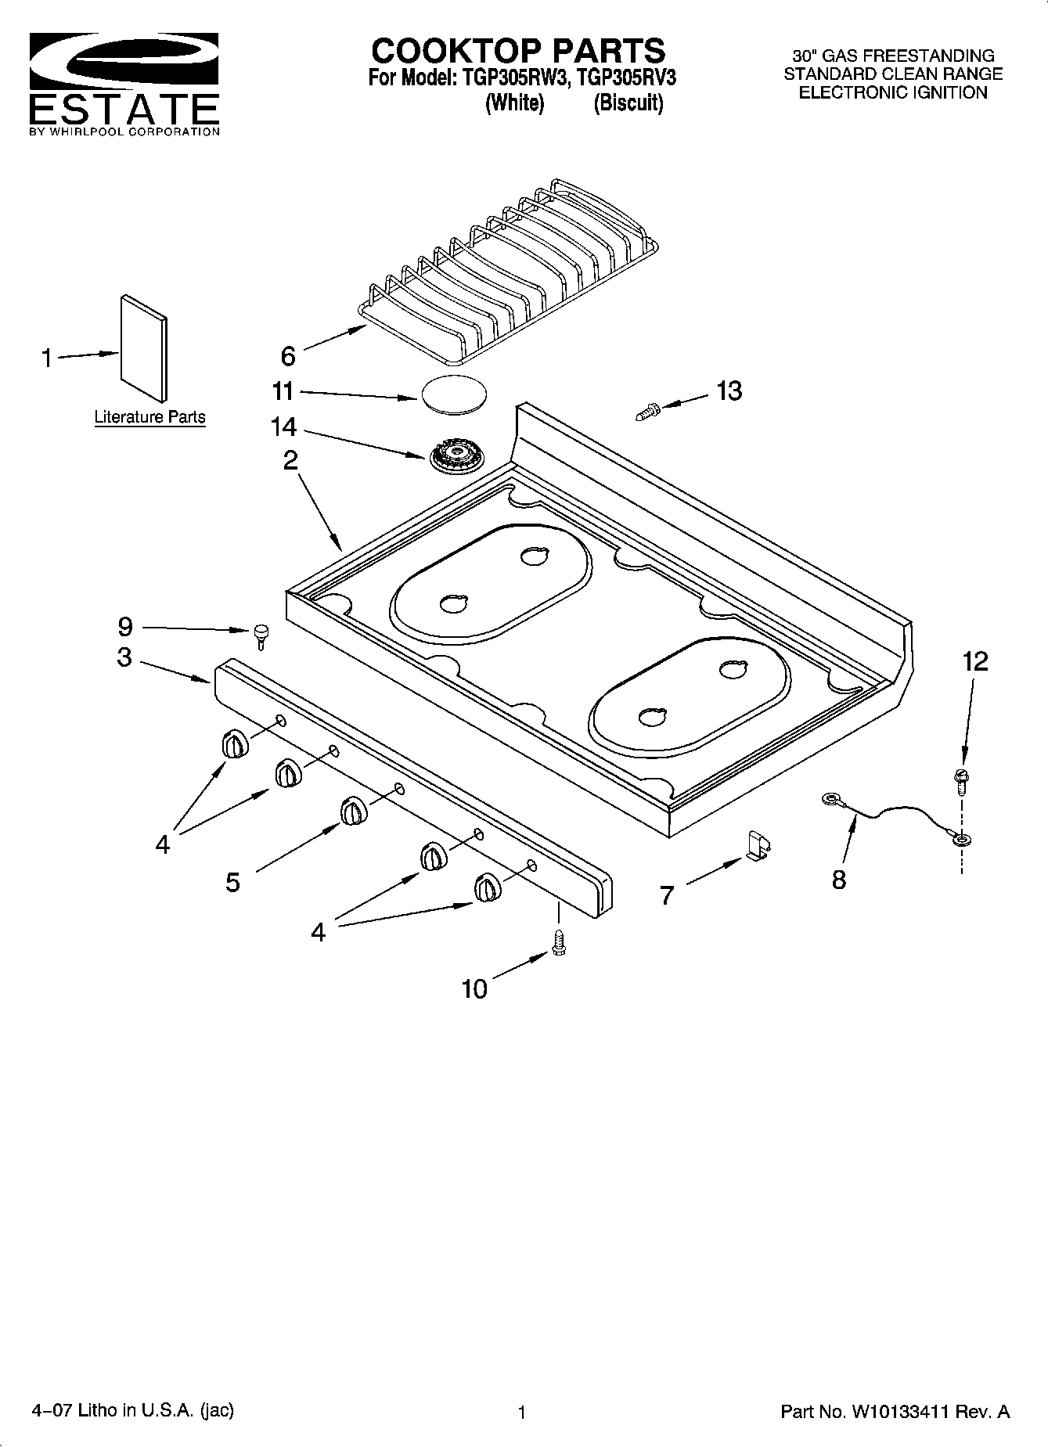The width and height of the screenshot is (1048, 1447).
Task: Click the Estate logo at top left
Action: click(124, 85)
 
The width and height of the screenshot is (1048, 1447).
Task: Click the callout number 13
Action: click(729, 391)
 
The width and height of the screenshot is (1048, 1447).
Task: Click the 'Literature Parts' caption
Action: click(149, 417)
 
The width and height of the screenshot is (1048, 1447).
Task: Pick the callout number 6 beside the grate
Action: click(288, 357)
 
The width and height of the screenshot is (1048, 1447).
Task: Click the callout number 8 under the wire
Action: click(838, 880)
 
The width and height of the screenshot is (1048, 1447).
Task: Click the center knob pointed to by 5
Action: click(353, 812)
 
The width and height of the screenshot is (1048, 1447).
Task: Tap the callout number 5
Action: click(232, 883)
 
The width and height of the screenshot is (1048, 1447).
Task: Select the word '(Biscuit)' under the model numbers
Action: click(628, 103)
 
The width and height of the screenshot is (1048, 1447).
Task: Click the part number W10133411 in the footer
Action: click(900, 1412)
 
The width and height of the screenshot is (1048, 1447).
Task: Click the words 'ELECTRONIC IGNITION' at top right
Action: click(892, 93)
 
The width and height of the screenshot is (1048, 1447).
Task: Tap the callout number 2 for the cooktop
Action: click(290, 460)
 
